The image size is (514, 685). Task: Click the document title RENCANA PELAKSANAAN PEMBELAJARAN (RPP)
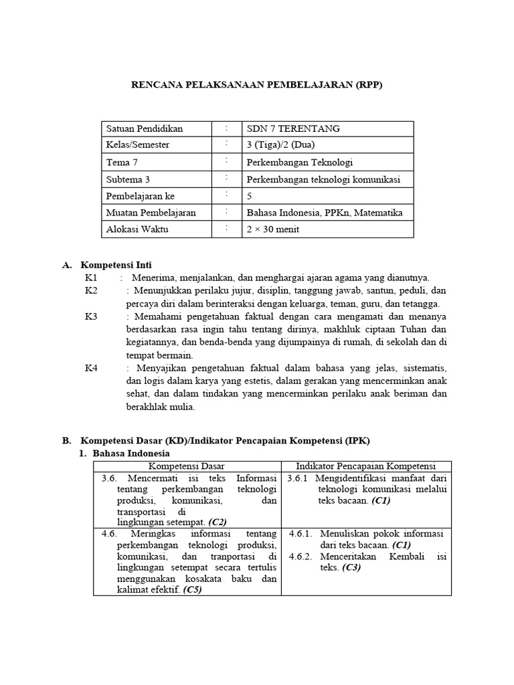pyautogui.click(x=257, y=86)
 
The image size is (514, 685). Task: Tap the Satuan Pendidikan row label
pyautogui.click(x=145, y=128)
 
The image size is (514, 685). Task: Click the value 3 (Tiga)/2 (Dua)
pyautogui.click(x=280, y=145)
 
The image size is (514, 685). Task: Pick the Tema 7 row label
pyautogui.click(x=122, y=163)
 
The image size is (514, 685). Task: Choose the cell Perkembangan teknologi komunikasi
pyautogui.click(x=324, y=179)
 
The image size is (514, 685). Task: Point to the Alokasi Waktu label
pyautogui.click(x=138, y=229)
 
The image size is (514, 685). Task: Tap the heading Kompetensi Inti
pyautogui.click(x=120, y=266)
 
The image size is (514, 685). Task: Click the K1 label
pyautogui.click(x=91, y=278)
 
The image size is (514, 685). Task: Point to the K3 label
pyautogui.click(x=91, y=316)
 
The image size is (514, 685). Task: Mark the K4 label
pyautogui.click(x=91, y=369)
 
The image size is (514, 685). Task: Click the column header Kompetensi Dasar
pyautogui.click(x=186, y=466)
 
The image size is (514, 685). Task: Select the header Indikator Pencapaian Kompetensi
pyautogui.click(x=365, y=466)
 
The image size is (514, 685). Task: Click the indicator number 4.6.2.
pyautogui.click(x=301, y=557)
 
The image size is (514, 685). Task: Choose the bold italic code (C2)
pyautogui.click(x=218, y=521)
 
